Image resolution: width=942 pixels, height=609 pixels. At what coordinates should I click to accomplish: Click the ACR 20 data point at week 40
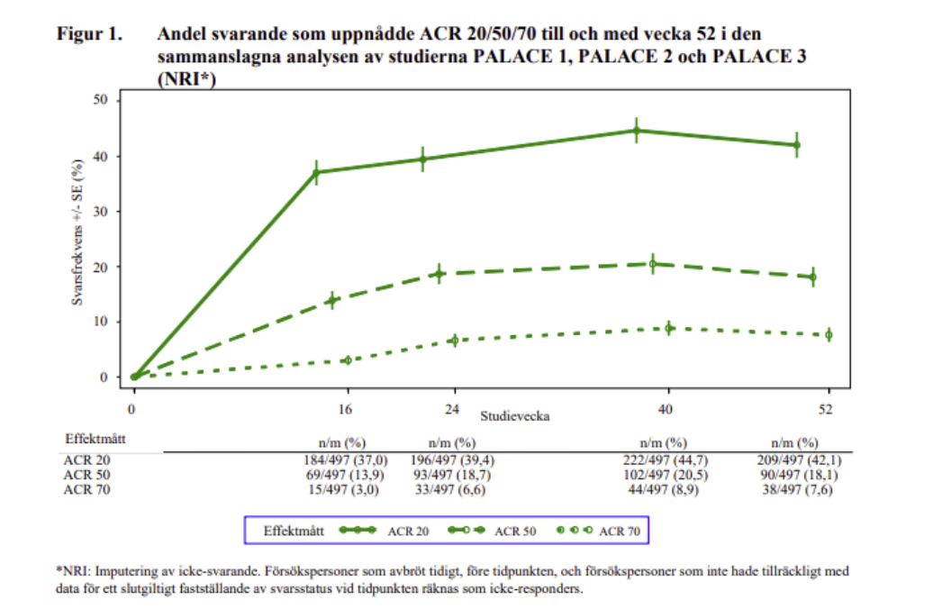637,131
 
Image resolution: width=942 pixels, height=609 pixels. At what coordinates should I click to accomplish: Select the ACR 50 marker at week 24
439,273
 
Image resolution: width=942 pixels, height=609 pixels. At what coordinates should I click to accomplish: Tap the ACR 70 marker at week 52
829,334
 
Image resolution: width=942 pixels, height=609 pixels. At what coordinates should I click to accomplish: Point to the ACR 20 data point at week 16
316,172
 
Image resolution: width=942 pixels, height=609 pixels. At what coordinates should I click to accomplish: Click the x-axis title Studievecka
514,417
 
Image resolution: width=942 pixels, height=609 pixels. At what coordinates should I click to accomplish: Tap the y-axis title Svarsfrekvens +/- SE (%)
78,232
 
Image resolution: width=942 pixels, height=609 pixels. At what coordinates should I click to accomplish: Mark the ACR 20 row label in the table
81,461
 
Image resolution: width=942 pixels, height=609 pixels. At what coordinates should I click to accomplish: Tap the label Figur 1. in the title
89,35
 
